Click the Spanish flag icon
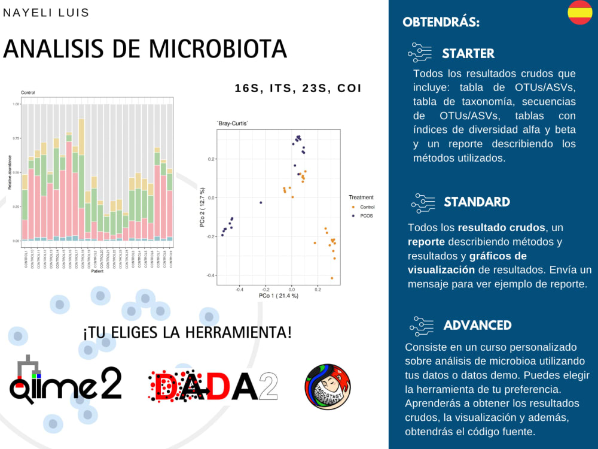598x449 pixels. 579,13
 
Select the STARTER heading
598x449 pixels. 468,53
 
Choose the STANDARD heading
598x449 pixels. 477,202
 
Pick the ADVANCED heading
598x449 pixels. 477,325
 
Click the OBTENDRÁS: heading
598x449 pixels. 441,23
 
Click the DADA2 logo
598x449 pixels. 213,383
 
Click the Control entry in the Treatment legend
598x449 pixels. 367,207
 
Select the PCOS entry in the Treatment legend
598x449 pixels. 365,215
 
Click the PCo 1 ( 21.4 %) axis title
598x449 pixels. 279,296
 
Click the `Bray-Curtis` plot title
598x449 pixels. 232,123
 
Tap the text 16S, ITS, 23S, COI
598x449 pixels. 298,88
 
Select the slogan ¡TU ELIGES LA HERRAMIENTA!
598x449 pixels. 187,332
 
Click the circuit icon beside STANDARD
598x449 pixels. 423,202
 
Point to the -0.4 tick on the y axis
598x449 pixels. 210,275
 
